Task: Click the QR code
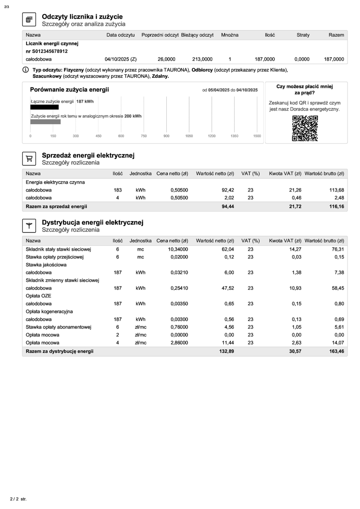point(305,128)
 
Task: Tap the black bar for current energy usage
point(44,107)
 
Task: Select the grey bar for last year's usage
point(45,122)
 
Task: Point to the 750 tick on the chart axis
point(144,136)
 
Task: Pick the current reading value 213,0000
point(202,59)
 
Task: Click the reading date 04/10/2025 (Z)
point(120,59)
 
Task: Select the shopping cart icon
point(29,159)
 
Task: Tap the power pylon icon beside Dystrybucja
point(29,226)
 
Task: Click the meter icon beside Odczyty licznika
point(29,20)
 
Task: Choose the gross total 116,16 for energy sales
point(336,207)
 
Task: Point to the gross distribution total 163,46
point(336,351)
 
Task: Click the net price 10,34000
point(178,249)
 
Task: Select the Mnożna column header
point(230,35)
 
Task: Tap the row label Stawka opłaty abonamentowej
point(58,327)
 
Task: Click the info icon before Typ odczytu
point(25,70)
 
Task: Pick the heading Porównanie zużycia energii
point(69,90)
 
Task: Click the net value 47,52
point(228,288)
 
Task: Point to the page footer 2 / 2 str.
point(18,499)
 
